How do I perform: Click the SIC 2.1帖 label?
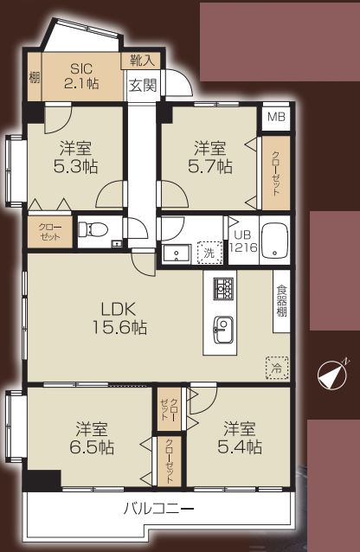pos(81,76)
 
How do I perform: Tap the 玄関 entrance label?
pos(142,86)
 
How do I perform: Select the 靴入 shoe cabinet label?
pos(142,61)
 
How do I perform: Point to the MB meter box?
pos(276,117)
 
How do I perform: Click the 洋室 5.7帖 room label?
pos(210,157)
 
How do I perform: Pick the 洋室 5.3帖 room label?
pos(75,157)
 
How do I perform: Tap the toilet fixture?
pos(92,229)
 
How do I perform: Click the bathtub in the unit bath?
pos(275,239)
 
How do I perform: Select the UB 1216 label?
pos(242,241)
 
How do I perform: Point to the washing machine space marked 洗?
pos(209,253)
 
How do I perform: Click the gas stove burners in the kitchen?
pos(223,287)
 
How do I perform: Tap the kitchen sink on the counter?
pos(223,330)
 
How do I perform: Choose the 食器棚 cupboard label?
pos(281,300)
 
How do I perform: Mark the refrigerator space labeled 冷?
pos(277,368)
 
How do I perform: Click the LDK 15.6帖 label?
pos(119,318)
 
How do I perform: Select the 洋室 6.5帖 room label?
pos(92,439)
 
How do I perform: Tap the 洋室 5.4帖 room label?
pos(240,439)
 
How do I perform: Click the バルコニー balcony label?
pos(158,509)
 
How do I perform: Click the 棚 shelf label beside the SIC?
pos(34,77)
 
